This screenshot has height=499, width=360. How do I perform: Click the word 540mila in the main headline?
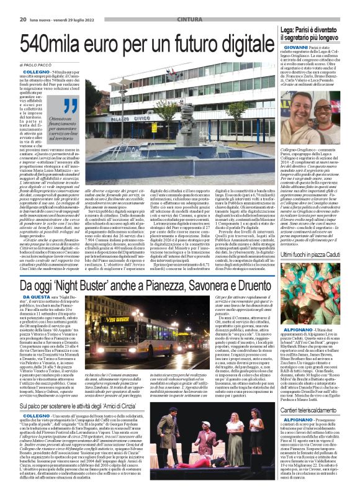point(53,43)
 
